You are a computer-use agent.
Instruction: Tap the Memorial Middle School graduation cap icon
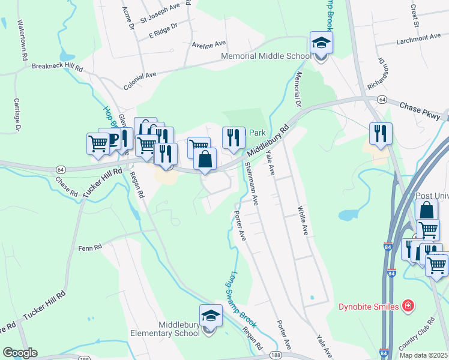click(x=321, y=44)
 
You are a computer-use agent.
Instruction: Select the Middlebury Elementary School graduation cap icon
click(x=211, y=316)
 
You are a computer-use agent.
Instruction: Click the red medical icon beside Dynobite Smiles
click(x=409, y=307)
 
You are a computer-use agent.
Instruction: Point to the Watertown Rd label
click(x=23, y=40)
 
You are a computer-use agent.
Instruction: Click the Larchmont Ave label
click(x=419, y=38)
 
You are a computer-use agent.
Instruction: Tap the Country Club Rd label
click(x=416, y=334)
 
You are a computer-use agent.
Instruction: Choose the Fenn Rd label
click(x=89, y=247)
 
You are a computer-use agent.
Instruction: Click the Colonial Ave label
click(x=140, y=80)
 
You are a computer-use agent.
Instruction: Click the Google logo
click(x=20, y=353)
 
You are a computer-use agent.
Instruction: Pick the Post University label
click(x=432, y=196)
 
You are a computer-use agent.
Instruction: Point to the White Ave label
click(x=303, y=221)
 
